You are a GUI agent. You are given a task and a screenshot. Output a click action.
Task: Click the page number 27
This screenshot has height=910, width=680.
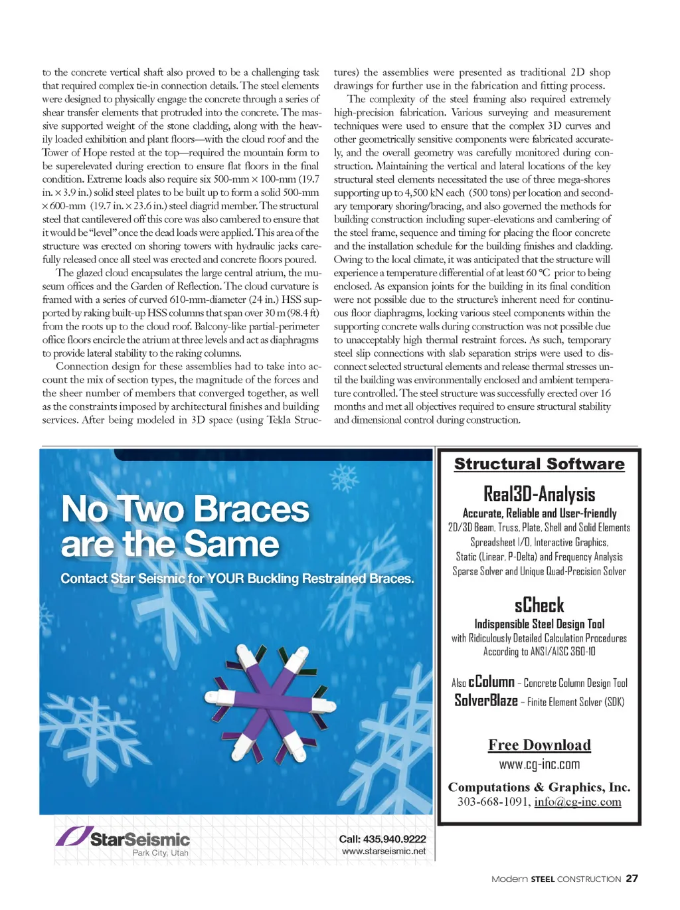tap(632, 878)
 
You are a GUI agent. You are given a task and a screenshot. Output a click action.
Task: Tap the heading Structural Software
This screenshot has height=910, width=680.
tap(539, 464)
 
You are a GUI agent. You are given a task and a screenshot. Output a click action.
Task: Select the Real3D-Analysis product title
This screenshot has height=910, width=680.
tap(539, 494)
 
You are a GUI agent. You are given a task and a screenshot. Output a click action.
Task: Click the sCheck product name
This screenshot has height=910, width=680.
tap(539, 605)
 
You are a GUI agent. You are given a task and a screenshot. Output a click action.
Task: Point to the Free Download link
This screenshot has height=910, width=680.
tap(539, 745)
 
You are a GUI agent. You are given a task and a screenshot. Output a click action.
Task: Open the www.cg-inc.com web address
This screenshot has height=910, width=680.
tap(539, 764)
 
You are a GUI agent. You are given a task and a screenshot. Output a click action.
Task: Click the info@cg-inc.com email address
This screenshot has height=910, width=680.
tap(578, 802)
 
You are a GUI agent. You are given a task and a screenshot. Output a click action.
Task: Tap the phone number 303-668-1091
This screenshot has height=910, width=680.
tap(493, 802)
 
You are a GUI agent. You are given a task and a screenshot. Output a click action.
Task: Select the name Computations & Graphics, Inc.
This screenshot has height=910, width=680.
tap(539, 786)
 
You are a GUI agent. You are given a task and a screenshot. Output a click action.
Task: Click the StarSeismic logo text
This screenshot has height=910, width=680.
tap(140, 839)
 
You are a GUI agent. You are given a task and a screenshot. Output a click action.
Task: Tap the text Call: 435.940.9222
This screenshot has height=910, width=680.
tap(382, 838)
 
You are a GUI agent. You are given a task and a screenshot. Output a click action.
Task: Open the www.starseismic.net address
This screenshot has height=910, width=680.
tap(384, 851)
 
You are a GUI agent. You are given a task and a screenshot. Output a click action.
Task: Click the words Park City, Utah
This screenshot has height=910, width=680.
tap(160, 853)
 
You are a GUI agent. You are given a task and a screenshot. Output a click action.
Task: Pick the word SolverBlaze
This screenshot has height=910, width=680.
tap(485, 700)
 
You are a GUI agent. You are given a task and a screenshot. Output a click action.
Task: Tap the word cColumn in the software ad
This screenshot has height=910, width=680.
tap(491, 682)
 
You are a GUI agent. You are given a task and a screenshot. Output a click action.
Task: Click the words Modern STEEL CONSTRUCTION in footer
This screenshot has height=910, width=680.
tap(556, 879)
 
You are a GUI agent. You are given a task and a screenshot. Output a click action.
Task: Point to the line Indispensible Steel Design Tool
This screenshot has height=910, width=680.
tap(539, 624)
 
